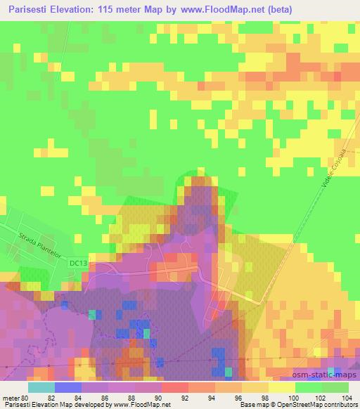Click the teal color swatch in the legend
(x=41, y=387)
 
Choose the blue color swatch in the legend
(x=68, y=387)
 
